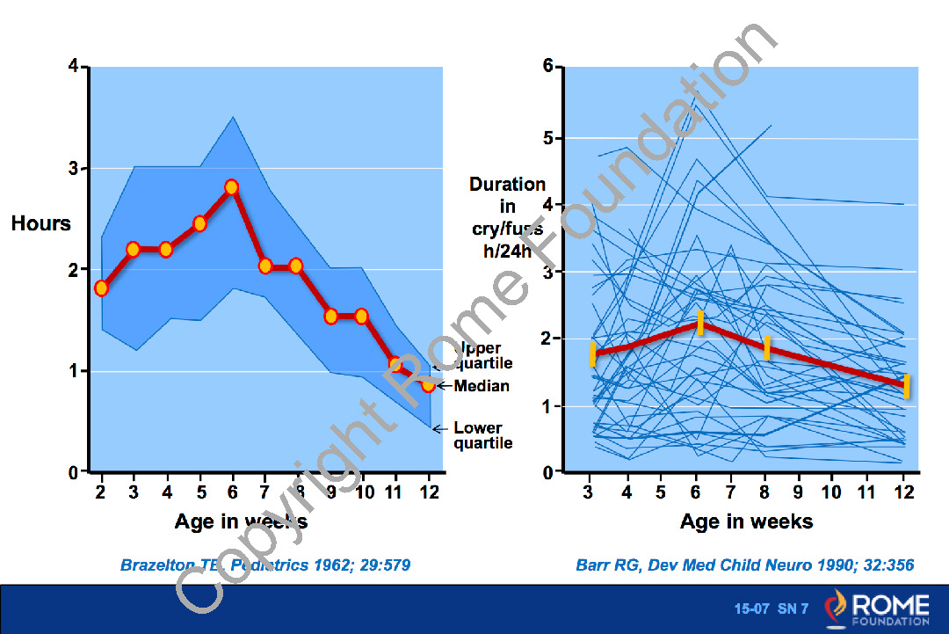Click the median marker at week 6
click(231, 186)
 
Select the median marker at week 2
click(101, 288)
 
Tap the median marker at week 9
click(330, 316)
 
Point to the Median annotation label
click(482, 386)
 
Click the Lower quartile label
click(482, 435)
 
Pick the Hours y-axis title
click(41, 223)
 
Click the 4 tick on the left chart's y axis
click(73, 67)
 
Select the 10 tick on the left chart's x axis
click(362, 492)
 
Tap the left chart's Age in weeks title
click(241, 521)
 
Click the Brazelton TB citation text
click(265, 565)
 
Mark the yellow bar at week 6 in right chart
click(700, 323)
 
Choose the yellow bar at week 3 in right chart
click(593, 354)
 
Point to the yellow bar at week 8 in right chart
click(766, 347)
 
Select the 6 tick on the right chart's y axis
click(547, 67)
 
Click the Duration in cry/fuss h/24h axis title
click(507, 217)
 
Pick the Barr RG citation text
click(745, 565)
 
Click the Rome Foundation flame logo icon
click(837, 608)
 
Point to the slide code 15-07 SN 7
click(771, 608)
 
